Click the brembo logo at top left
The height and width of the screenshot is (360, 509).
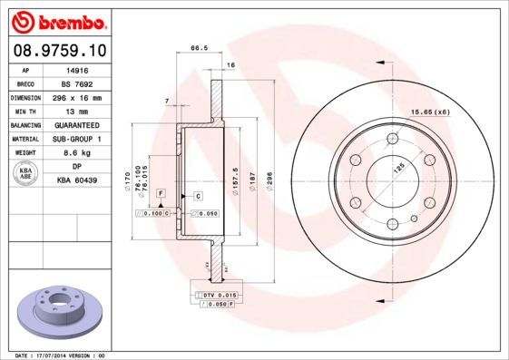click(59, 19)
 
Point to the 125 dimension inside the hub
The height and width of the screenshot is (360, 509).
click(397, 168)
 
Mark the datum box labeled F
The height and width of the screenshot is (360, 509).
click(160, 194)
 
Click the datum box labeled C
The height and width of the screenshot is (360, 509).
click(197, 195)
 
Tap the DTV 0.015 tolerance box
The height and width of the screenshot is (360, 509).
click(217, 296)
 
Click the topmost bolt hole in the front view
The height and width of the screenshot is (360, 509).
click(392, 137)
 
